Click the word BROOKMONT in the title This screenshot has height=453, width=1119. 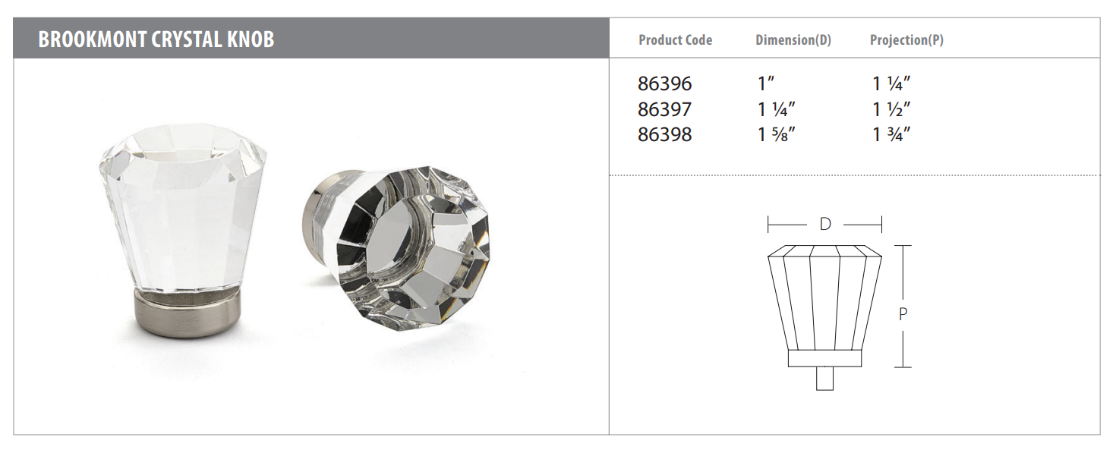pyautogui.click(x=92, y=39)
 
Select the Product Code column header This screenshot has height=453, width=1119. pyautogui.click(x=676, y=40)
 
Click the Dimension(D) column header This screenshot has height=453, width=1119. pyautogui.click(x=793, y=40)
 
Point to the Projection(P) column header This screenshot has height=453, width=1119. pyautogui.click(x=906, y=40)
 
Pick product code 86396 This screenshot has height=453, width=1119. pyautogui.click(x=664, y=83)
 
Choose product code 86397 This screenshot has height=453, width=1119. pyautogui.click(x=664, y=109)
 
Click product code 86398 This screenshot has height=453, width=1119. pyautogui.click(x=664, y=134)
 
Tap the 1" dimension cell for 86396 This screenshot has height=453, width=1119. pyautogui.click(x=766, y=83)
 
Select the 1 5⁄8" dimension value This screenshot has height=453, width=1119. pyautogui.click(x=777, y=134)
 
